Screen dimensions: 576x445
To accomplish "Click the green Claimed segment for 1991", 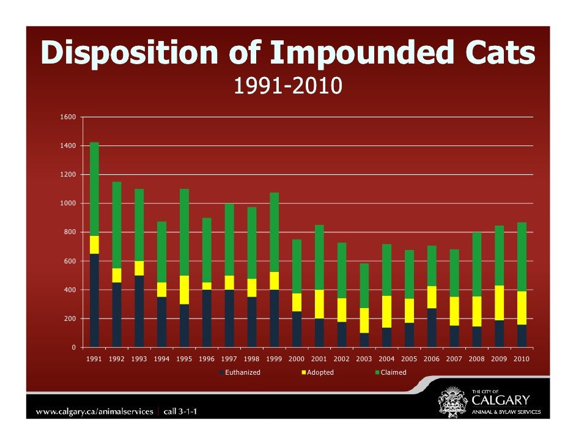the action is (94, 189).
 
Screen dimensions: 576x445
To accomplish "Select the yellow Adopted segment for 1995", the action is (185, 290).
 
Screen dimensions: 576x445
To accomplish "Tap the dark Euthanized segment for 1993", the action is (139, 311).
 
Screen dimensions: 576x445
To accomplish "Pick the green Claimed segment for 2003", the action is (364, 285).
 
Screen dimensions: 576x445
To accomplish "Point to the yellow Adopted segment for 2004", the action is (387, 312).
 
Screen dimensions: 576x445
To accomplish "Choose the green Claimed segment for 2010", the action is (522, 257).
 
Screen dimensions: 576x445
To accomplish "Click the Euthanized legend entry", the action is (240, 372).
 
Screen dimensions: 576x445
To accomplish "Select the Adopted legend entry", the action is (318, 372).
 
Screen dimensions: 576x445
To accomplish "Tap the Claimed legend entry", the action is (391, 372).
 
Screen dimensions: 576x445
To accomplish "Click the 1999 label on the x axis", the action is (274, 359).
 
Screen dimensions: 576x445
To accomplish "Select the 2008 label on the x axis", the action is (477, 359).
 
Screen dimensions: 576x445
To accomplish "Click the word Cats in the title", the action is (500, 52).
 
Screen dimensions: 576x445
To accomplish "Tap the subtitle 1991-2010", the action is (288, 86).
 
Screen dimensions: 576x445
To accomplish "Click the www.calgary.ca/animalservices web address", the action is (94, 411).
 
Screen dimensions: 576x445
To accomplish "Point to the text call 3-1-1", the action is (180, 411).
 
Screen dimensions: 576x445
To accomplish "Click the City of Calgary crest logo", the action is (452, 402).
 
